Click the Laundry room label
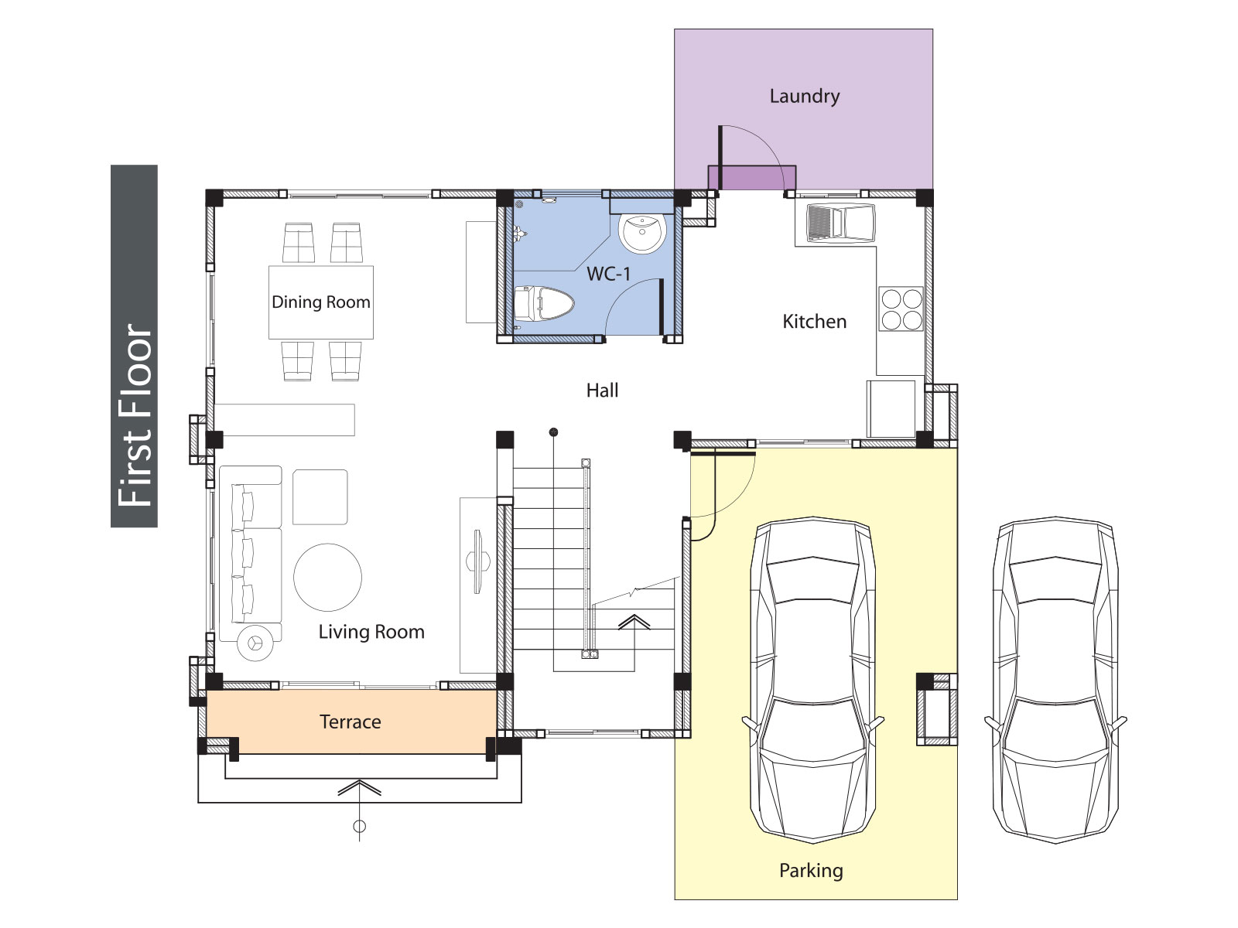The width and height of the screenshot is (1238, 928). pyautogui.click(x=804, y=97)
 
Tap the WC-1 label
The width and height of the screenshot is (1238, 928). pyautogui.click(x=608, y=274)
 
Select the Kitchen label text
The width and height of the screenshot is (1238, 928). pyautogui.click(x=815, y=321)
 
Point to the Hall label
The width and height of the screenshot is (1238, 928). pyautogui.click(x=602, y=390)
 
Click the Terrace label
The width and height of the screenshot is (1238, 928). pyautogui.click(x=351, y=722)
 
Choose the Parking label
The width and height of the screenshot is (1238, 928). pyautogui.click(x=811, y=871)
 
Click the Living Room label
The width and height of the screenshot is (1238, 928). pyautogui.click(x=371, y=632)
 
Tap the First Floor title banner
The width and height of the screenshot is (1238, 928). pyautogui.click(x=134, y=346)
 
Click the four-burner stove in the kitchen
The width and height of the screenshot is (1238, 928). pyautogui.click(x=901, y=309)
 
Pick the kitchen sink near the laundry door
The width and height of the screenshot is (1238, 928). pyautogui.click(x=841, y=223)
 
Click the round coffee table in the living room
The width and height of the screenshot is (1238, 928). pyautogui.click(x=328, y=577)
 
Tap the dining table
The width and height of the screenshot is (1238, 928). pyautogui.click(x=321, y=302)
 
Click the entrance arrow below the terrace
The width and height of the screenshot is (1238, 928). pyautogui.click(x=359, y=810)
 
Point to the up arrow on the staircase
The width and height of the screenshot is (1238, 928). pyautogui.click(x=634, y=643)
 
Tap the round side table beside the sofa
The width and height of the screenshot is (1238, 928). pyautogui.click(x=255, y=643)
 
